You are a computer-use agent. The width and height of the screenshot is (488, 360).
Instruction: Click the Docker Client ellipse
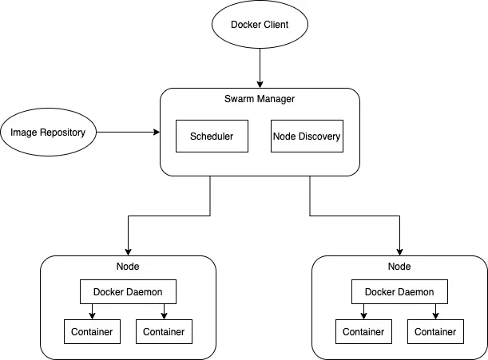click(260, 24)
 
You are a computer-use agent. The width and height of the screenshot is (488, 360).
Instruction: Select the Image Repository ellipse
click(48, 132)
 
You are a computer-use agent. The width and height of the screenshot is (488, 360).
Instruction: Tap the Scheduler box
click(212, 136)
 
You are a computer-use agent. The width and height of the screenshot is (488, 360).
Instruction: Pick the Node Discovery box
click(307, 136)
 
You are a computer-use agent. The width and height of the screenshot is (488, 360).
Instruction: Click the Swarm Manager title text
click(260, 99)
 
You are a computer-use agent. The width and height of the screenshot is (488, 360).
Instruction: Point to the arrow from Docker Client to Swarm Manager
click(260, 68)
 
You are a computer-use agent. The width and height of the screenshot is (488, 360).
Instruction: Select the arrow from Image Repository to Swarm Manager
click(129, 132)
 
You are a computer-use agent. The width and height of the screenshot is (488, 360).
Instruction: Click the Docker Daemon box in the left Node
click(128, 291)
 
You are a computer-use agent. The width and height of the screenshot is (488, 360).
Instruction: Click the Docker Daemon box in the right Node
click(399, 291)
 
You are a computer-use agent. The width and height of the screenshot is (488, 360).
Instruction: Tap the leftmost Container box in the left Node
click(92, 332)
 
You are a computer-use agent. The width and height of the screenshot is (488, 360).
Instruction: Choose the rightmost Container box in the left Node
click(164, 332)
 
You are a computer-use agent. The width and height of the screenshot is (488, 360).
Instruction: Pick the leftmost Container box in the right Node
click(363, 332)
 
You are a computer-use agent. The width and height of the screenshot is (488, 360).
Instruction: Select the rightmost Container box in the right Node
click(435, 332)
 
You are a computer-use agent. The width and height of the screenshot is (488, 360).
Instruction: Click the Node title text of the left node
click(128, 267)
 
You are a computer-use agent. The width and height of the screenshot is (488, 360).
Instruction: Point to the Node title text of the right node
click(399, 267)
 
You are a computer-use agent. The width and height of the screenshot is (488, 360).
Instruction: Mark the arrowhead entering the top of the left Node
click(128, 252)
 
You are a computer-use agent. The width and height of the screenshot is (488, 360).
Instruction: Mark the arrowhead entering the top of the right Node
click(399, 252)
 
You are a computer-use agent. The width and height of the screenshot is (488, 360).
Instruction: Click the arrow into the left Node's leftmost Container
click(92, 311)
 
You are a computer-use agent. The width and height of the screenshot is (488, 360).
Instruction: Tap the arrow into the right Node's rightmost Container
click(435, 311)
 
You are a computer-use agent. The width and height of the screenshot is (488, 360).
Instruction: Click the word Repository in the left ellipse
click(62, 133)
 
